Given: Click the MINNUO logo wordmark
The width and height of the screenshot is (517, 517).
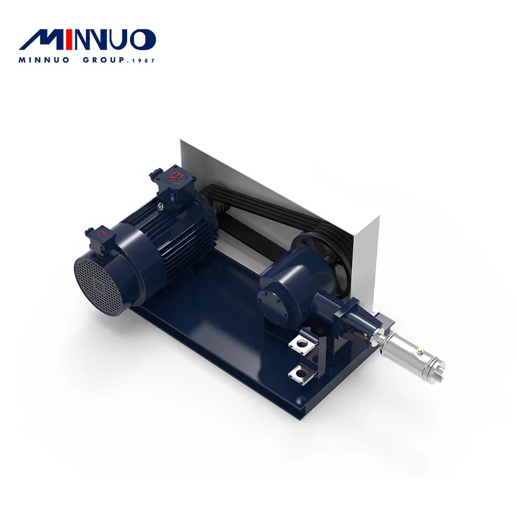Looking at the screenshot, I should coord(90,40).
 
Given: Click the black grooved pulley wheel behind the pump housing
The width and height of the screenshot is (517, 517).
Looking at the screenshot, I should coord(315,248).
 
